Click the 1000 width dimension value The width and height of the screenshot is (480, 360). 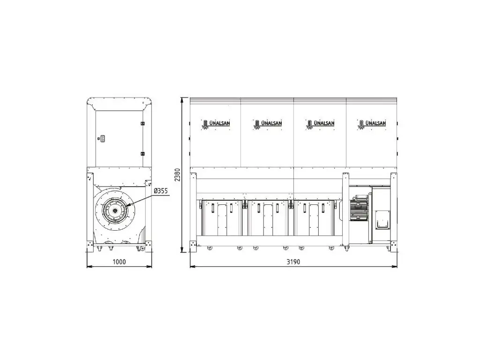[119, 262]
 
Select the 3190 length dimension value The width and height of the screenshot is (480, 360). [293, 262]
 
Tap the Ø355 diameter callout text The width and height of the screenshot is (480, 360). [161, 191]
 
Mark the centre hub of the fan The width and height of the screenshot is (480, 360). [115, 210]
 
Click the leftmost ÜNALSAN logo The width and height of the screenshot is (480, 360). [216, 124]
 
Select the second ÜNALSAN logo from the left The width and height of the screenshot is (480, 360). [268, 124]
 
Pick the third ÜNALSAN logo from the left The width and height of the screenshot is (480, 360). [320, 124]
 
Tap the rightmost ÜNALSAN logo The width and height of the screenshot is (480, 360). [372, 124]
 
